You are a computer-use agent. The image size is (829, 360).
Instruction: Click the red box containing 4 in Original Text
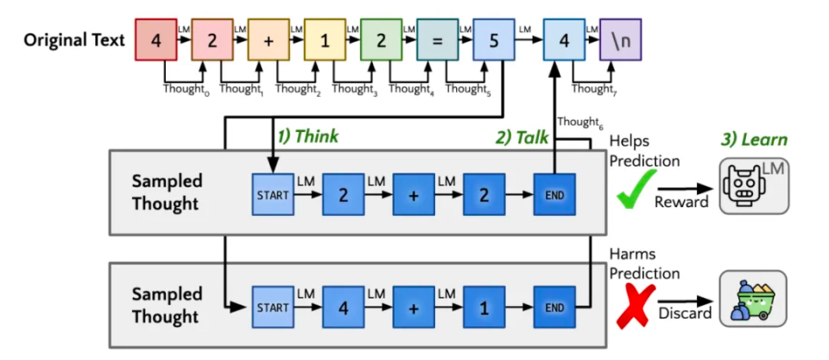(x=156, y=39)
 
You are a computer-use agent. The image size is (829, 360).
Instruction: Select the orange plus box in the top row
(x=269, y=39)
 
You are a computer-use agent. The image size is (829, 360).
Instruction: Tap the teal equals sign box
(x=438, y=39)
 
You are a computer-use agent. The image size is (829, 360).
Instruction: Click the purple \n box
(x=621, y=39)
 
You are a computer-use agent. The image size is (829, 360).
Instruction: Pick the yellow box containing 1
(x=325, y=39)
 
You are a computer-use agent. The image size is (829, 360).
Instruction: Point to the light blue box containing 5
(x=494, y=39)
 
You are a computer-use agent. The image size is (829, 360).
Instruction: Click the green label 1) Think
(x=307, y=136)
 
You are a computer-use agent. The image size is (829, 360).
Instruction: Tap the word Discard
(x=685, y=313)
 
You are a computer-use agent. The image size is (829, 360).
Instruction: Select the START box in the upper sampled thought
(x=273, y=195)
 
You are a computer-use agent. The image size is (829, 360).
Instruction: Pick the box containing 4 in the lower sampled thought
(x=344, y=306)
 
